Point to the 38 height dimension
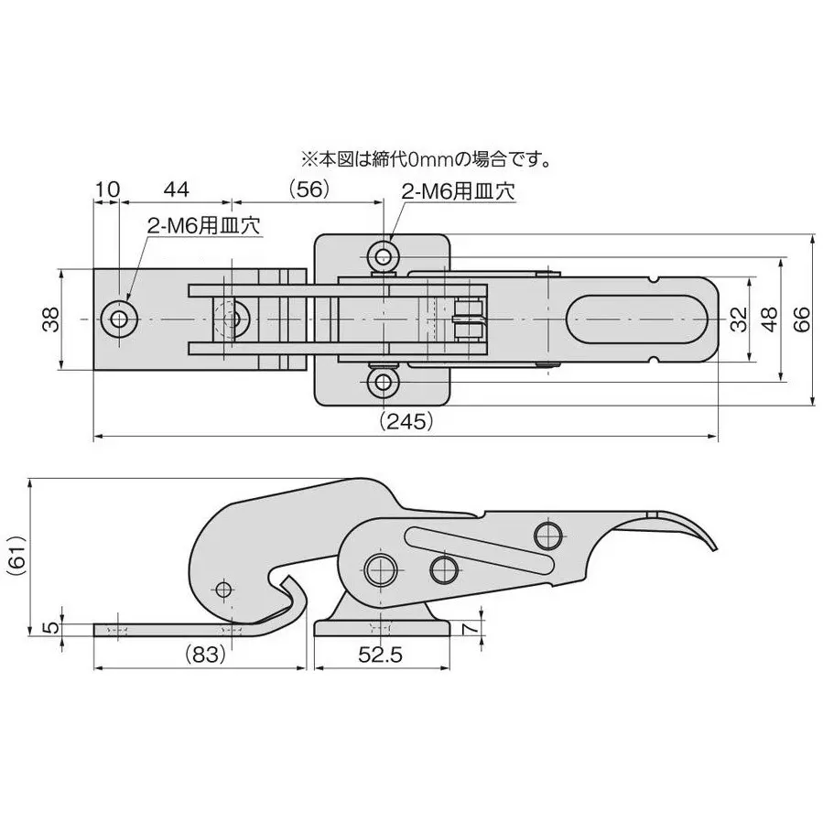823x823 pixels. tap(50, 319)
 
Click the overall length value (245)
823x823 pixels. tap(406, 422)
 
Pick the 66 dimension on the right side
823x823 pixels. tap(800, 319)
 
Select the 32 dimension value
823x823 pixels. tap(738, 319)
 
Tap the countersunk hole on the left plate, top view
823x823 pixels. tap(120, 319)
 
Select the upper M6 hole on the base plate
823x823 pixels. tap(383, 254)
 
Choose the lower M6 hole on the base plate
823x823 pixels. tap(383, 383)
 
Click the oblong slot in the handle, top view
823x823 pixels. tap(637, 319)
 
